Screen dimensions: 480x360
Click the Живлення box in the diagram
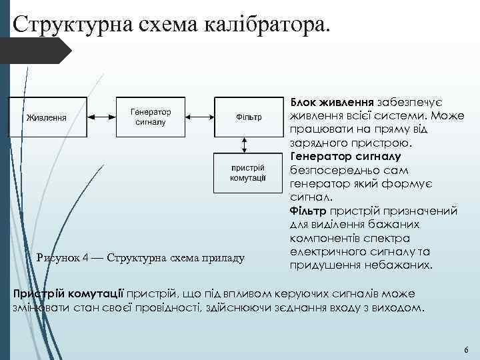click(47, 117)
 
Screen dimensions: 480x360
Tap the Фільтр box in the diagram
click(248, 117)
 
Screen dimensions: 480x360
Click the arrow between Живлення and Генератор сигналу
click(102, 117)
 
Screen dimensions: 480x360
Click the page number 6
click(465, 350)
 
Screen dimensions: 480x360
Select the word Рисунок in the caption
click(59, 257)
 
